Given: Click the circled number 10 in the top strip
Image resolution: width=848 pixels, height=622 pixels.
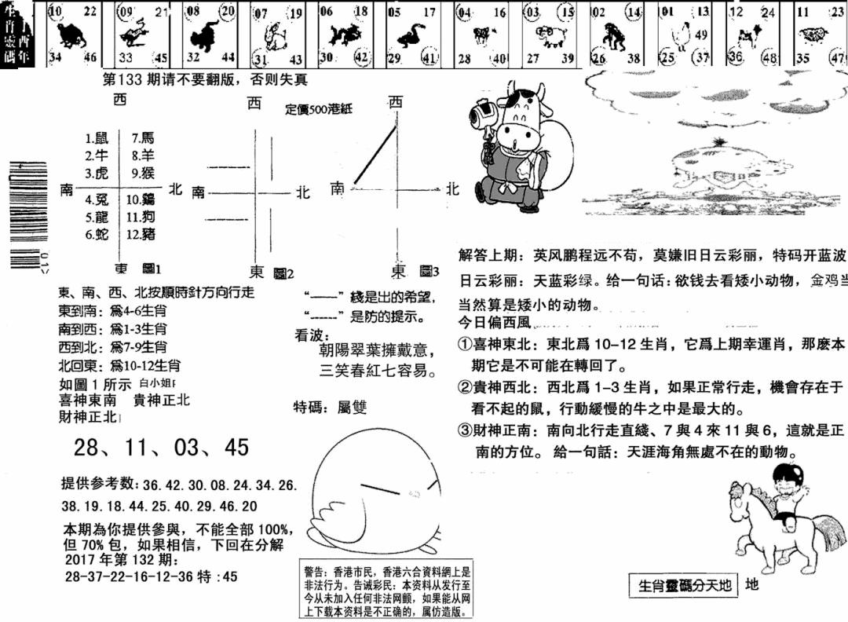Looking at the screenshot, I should [55, 11].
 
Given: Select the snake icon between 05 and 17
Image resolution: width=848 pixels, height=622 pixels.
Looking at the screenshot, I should [409, 34].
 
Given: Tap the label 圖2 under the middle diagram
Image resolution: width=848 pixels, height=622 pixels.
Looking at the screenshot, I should [283, 273].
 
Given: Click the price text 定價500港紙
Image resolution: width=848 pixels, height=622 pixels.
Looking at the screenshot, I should [319, 110].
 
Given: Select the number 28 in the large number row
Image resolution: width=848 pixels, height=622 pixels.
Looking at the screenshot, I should [87, 448].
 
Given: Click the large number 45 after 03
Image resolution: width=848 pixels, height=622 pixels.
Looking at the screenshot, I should [236, 448].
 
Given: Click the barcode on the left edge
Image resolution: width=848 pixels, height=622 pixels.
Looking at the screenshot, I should [22, 212].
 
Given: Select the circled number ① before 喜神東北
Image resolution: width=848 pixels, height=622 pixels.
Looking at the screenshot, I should [465, 344].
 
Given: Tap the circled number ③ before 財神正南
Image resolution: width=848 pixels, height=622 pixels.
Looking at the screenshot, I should [465, 430].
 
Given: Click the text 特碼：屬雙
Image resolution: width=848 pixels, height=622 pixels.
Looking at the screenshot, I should [330, 407].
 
